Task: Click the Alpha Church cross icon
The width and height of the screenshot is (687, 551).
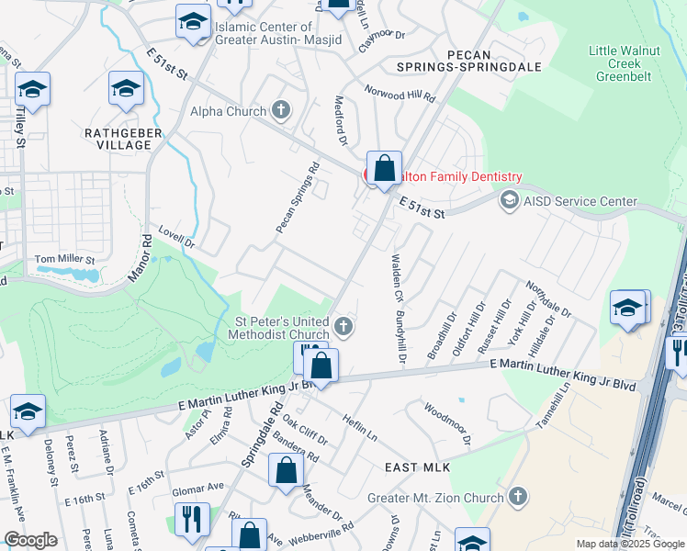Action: click(x=282, y=111)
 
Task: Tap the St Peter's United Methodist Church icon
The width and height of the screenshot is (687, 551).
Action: click(x=343, y=326)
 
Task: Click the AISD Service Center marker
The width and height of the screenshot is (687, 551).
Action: click(x=508, y=200)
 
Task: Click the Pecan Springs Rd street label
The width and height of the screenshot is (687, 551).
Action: click(x=297, y=197)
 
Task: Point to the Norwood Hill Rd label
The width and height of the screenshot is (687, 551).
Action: click(x=400, y=94)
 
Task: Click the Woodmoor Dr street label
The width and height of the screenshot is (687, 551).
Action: click(x=447, y=422)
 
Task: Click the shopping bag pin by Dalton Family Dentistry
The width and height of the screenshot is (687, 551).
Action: click(x=385, y=168)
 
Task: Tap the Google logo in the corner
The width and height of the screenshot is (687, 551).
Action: click(x=29, y=540)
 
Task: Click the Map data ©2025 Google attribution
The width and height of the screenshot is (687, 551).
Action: click(x=630, y=544)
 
